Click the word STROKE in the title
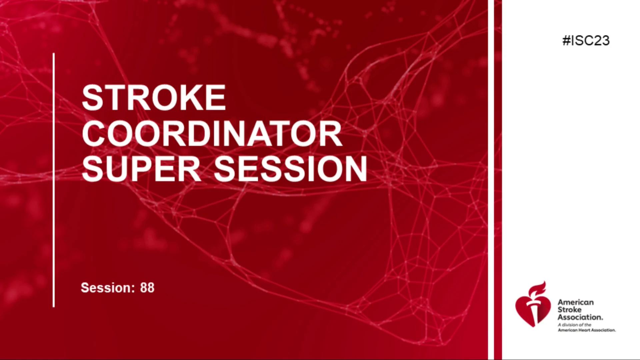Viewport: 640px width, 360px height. click(x=154, y=97)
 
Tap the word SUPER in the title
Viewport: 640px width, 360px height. click(x=141, y=169)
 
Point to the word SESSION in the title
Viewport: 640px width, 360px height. click(x=290, y=169)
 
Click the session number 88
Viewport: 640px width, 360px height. click(x=147, y=288)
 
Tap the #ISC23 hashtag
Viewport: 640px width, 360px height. click(x=586, y=41)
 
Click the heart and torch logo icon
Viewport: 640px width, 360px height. click(x=533, y=304)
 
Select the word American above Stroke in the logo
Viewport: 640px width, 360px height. click(x=576, y=302)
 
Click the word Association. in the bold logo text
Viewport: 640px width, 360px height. click(x=580, y=317)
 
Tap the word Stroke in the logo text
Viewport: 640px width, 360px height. click(x=569, y=310)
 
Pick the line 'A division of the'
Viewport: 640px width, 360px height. click(x=575, y=325)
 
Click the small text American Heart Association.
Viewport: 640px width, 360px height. click(x=587, y=330)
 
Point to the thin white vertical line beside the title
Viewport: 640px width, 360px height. click(x=54, y=180)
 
